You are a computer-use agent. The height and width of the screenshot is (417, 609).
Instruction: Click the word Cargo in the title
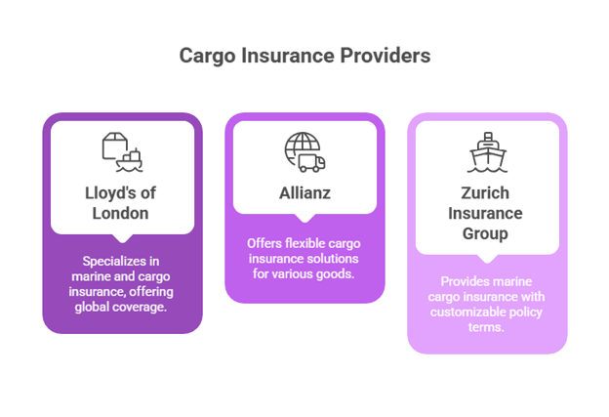206,58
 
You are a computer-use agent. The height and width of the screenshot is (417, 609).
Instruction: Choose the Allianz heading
304,193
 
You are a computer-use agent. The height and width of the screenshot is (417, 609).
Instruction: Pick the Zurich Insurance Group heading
485,213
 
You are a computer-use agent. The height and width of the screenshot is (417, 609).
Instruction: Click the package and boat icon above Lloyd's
122,153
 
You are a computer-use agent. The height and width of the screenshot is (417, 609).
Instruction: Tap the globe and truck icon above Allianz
304,152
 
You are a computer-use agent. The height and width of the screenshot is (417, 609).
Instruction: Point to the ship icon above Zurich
485,152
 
